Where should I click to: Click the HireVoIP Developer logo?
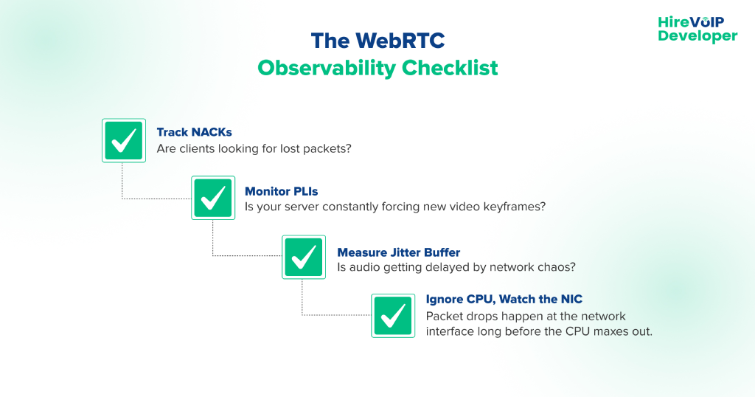(x=697, y=29)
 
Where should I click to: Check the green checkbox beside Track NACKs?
(x=123, y=140)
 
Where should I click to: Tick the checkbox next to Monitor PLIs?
(x=213, y=198)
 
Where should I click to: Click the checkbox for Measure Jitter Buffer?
(x=304, y=257)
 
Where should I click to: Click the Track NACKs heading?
(x=194, y=132)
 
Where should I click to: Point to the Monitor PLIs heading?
(x=282, y=191)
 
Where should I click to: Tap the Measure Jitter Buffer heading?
(x=399, y=252)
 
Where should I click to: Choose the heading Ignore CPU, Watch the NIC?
(x=504, y=299)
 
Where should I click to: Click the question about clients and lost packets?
(x=254, y=148)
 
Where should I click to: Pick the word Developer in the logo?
(x=697, y=35)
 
